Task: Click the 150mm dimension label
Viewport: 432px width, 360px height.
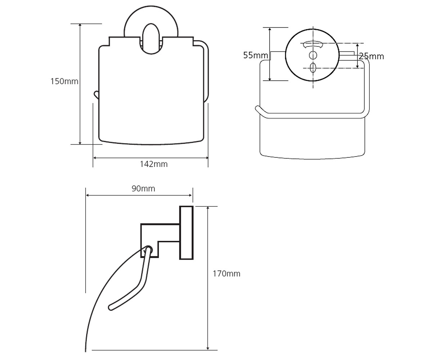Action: [x=64, y=81]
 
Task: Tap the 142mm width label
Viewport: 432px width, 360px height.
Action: [x=154, y=164]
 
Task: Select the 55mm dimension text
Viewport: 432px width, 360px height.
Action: [x=256, y=55]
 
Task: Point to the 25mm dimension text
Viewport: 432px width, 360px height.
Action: [x=372, y=56]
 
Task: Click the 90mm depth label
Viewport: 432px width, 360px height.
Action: [x=143, y=189]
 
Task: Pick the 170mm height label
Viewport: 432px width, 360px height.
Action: [x=226, y=274]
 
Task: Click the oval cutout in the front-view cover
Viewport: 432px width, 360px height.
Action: [x=151, y=39]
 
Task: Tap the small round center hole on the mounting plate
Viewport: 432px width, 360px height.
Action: [x=313, y=55]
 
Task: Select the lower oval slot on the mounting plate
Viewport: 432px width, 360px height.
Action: [x=313, y=68]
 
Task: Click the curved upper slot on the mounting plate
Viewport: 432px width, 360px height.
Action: [x=313, y=44]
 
